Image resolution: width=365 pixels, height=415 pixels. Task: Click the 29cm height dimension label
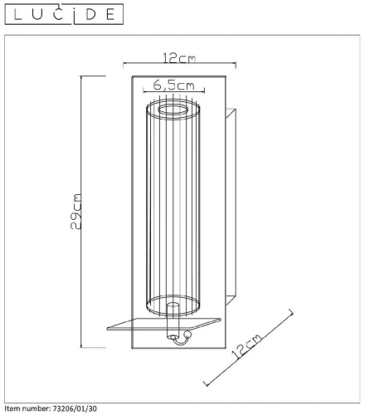coord(76,212)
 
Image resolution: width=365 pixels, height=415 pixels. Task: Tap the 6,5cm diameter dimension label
coord(174,85)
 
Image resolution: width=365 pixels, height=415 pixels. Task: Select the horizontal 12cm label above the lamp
coord(179,58)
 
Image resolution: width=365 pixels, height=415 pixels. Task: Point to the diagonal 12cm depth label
coord(246,346)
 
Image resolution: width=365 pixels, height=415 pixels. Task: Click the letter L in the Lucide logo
coord(17,14)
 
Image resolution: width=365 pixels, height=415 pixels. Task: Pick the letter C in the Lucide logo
coord(58,14)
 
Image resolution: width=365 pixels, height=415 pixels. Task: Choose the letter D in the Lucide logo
coord(90,14)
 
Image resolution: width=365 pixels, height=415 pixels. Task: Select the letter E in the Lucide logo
coord(110,14)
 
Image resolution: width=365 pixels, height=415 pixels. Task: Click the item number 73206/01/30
coord(74,408)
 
